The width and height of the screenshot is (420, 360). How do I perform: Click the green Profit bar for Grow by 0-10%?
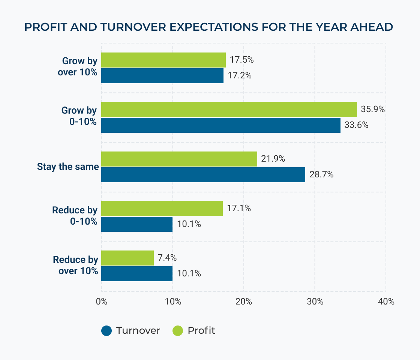pyautogui.click(x=229, y=109)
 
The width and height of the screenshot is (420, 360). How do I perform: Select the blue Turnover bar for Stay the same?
pyautogui.click(x=203, y=175)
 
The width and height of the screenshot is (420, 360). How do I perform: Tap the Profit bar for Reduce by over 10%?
pyautogui.click(x=127, y=258)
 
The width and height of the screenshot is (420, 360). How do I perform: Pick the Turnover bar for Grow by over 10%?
pyautogui.click(x=162, y=76)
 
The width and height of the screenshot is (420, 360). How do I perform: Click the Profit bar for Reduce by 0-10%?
pyautogui.click(x=162, y=208)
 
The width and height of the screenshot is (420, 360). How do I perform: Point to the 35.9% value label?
pyautogui.click(x=373, y=109)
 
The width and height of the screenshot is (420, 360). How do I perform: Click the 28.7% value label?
pyautogui.click(x=321, y=175)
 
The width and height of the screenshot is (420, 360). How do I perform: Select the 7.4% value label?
pyautogui.click(x=167, y=258)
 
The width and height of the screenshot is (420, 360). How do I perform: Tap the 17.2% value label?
pyautogui.click(x=239, y=76)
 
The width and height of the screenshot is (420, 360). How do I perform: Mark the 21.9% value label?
pyautogui.click(x=273, y=159)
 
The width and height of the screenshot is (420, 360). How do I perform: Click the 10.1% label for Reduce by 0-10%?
pyautogui.click(x=189, y=224)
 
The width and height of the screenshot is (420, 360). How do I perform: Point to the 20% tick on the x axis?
pyautogui.click(x=244, y=301)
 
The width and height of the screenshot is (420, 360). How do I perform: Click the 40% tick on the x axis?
pyautogui.click(x=386, y=301)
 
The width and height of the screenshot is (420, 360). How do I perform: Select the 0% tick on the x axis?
pyautogui.click(x=102, y=301)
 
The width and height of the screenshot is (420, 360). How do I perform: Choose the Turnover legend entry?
pyautogui.click(x=130, y=331)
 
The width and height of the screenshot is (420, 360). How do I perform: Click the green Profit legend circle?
pyautogui.click(x=178, y=331)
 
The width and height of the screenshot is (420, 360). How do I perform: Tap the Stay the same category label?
pyautogui.click(x=68, y=167)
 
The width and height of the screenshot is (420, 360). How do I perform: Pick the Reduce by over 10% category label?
pyautogui.click(x=75, y=265)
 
